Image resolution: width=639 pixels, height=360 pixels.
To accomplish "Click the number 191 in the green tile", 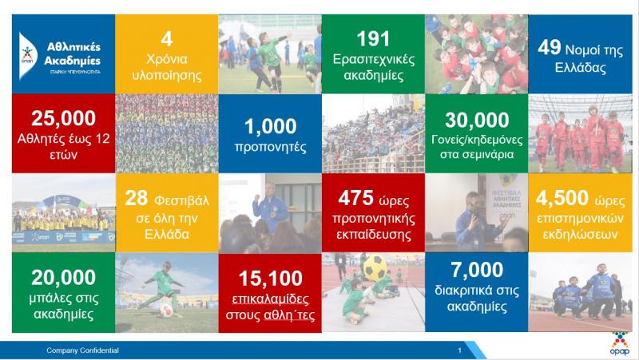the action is (x=373, y=39).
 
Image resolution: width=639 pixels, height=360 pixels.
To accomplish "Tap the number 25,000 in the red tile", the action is (x=63, y=118).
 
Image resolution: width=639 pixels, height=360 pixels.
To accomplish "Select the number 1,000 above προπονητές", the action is (x=270, y=126).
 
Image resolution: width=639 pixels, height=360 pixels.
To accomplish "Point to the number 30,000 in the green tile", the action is (x=477, y=120).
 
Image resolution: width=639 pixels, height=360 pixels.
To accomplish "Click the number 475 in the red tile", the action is (x=355, y=198).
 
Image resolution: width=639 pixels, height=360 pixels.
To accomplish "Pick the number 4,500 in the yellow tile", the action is (x=562, y=198).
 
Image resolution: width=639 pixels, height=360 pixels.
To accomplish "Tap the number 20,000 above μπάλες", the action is (x=63, y=277).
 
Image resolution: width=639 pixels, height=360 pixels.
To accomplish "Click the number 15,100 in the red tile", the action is (x=270, y=279).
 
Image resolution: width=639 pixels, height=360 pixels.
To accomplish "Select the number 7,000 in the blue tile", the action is (x=477, y=270).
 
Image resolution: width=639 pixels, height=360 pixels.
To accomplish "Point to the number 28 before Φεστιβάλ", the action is (x=136, y=198).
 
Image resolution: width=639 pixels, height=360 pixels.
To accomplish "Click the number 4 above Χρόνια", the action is (x=167, y=39).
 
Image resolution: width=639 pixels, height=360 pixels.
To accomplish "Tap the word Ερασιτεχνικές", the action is (x=374, y=59).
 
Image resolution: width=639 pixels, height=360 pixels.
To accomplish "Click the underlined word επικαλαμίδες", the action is (x=270, y=299).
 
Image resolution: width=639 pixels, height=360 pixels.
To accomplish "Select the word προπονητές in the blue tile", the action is (x=270, y=147).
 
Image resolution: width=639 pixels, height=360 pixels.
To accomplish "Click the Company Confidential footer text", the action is (x=82, y=350).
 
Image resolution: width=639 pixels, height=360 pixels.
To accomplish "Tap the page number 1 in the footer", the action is (x=460, y=350).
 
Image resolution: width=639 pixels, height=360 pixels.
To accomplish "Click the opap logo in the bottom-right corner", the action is (x=620, y=344).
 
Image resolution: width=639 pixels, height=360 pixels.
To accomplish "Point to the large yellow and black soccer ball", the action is (x=375, y=267).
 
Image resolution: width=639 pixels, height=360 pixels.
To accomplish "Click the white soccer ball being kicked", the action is (x=166, y=311).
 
